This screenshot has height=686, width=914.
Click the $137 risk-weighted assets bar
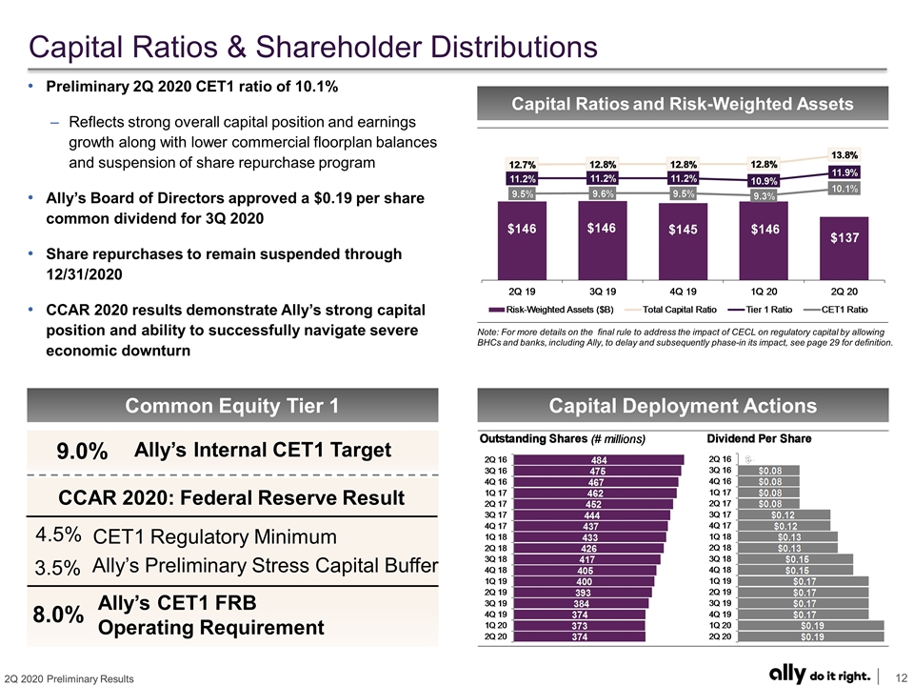pos(844,249)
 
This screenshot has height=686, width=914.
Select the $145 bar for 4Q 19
pos(683,241)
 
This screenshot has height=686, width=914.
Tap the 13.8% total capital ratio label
pos(844,155)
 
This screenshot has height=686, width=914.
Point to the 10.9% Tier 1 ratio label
pos(764,181)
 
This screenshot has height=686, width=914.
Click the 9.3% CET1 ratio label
pos(764,196)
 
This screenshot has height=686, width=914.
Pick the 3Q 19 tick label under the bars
pos(602,292)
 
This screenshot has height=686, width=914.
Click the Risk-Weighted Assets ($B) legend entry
pos(551,310)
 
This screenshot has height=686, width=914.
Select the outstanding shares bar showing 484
pos(598,460)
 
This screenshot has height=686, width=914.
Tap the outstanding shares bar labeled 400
pos(584,581)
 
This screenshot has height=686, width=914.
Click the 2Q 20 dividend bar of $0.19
pos(811,636)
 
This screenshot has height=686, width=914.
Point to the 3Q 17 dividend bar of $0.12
pos(784,515)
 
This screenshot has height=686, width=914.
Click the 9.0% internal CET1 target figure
pos(82,451)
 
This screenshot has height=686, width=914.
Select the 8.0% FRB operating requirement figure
pos(58,615)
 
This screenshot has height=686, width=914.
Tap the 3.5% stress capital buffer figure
pos(57,568)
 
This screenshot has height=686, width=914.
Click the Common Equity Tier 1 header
pos(232,406)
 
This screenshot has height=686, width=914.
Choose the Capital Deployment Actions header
pos(683,406)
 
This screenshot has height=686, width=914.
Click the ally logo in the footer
pos(787,674)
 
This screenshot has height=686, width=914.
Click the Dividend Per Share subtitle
pos(759,438)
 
